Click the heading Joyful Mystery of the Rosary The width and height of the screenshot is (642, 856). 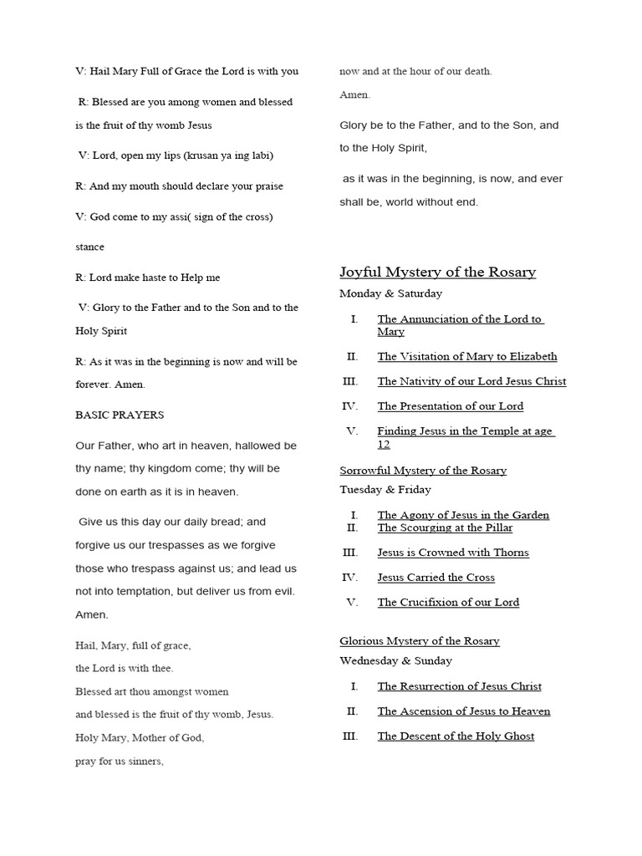pos(437,273)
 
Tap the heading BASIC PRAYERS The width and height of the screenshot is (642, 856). pos(120,415)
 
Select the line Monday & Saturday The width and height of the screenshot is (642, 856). pos(390,293)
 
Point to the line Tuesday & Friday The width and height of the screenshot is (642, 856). pos(385,489)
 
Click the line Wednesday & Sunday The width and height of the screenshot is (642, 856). pos(395,660)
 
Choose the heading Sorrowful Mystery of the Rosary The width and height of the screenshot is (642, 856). pos(422,471)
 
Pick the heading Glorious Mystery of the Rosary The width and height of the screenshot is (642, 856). pos(419,641)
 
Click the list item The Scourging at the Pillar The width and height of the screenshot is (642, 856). pos(445,527)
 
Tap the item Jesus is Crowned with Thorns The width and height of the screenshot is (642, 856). pos(452,553)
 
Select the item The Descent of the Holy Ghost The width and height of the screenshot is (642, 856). pos(456,736)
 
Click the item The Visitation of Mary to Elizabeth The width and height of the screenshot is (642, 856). pos(466,356)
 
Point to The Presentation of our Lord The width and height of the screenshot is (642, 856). pos(450,406)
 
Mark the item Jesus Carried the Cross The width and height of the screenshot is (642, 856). pos(436,578)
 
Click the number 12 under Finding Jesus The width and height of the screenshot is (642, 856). pos(384,444)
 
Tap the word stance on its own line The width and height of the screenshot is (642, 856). pos(89,247)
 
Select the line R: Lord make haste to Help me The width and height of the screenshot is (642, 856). pos(147,278)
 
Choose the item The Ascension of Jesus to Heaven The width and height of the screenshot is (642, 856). pos(463,711)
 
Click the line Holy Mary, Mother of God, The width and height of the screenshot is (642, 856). pos(140,738)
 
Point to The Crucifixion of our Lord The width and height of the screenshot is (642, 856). pos(448,603)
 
